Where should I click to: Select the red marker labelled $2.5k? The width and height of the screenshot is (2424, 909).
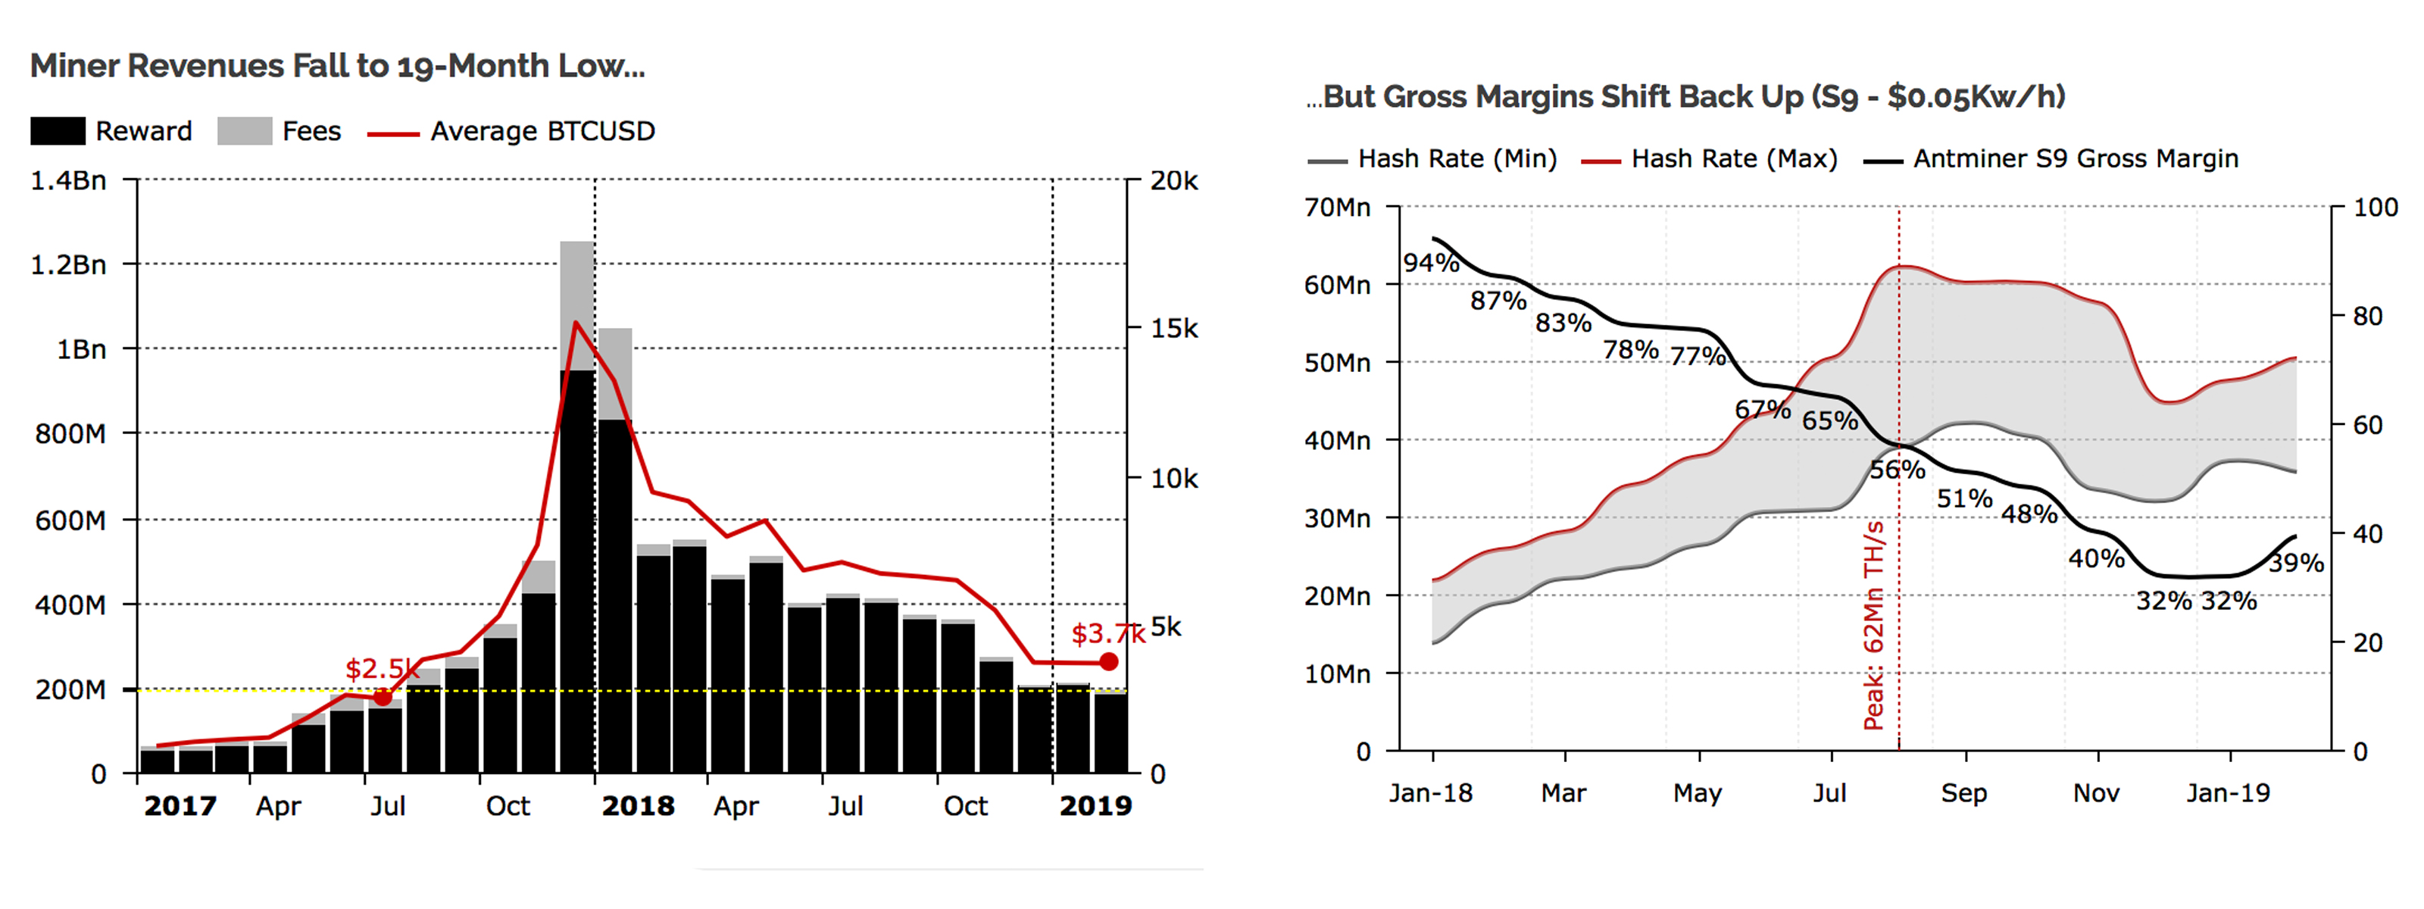(x=382, y=697)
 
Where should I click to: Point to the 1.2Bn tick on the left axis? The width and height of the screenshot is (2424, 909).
(x=67, y=264)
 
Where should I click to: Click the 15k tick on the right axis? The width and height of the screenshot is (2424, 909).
(x=1173, y=329)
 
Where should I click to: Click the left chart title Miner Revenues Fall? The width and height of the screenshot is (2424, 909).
(x=337, y=66)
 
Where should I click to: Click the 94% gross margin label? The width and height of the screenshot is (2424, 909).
(x=1430, y=263)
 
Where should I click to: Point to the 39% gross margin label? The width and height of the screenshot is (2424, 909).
(x=2296, y=563)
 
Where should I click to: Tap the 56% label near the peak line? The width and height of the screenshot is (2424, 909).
(x=1896, y=469)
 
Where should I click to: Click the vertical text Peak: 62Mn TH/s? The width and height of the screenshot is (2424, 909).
(x=1873, y=626)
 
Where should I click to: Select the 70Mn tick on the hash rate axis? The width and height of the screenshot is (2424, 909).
(x=1336, y=207)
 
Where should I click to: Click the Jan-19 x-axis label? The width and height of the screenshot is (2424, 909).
(x=2227, y=793)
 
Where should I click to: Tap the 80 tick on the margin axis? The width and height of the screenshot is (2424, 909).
(x=2367, y=316)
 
